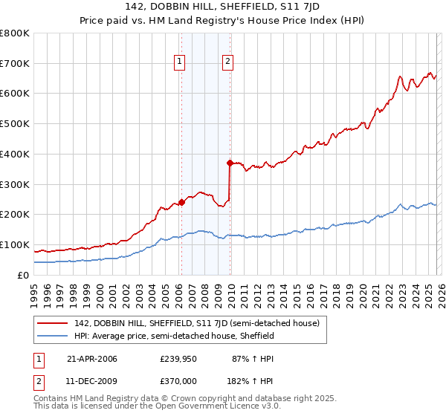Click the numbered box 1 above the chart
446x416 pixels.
(180, 62)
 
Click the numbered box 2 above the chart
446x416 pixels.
(227, 62)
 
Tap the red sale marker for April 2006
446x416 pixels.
(181, 201)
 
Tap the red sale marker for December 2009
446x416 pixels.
(230, 162)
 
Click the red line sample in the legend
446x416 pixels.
(54, 323)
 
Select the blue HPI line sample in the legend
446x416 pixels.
(54, 336)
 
